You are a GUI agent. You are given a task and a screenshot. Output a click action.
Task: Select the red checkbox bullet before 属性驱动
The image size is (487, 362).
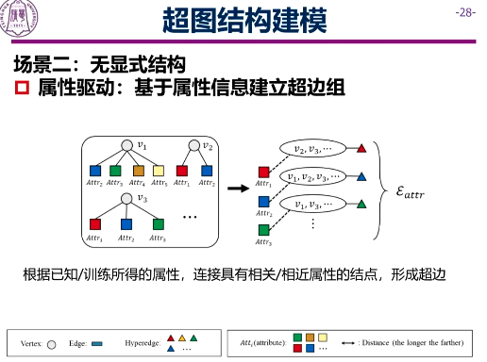pos(24,89)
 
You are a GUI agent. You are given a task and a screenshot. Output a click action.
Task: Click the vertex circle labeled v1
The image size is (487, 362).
pos(128,145)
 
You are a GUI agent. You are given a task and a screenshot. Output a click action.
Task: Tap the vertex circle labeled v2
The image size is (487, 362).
pos(194,145)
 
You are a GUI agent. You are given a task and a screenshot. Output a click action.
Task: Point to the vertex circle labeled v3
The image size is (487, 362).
pos(128,198)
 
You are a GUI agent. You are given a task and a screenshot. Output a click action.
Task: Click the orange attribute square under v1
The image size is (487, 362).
pos(137,171)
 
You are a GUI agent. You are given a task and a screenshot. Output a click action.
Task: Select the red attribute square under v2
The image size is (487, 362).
pos(183,171)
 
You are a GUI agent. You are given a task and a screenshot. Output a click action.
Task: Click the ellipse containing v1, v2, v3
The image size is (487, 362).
pos(314,176)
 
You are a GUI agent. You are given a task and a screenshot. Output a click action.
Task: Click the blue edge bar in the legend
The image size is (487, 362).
pos(97,342)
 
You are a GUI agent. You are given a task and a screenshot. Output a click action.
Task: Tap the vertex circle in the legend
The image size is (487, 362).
pos(52,342)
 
